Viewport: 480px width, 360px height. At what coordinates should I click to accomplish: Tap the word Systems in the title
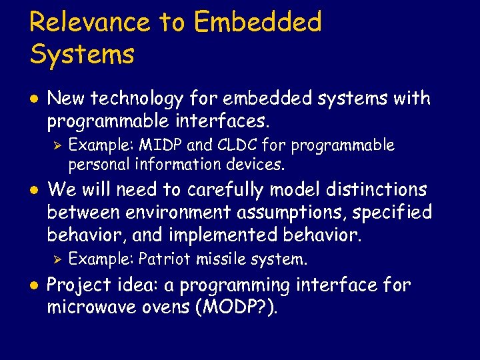[82, 55]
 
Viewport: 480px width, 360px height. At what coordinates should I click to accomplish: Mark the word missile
[223, 259]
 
